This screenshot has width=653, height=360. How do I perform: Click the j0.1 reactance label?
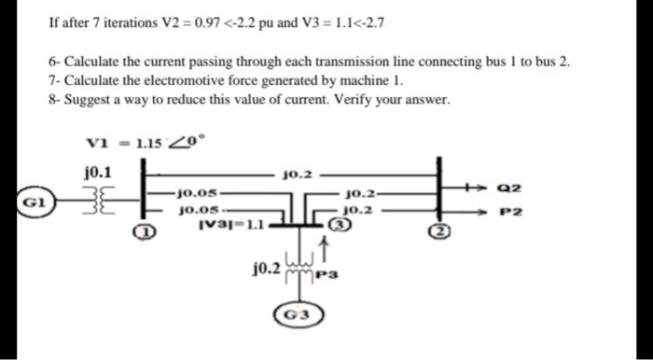(x=97, y=172)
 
